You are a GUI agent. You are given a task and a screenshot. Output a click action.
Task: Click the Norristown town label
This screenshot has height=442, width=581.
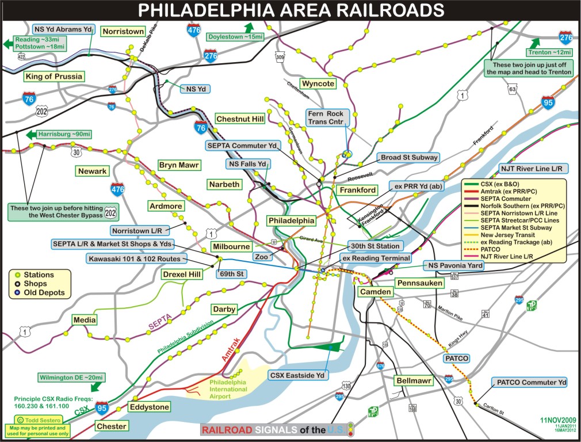(123, 31)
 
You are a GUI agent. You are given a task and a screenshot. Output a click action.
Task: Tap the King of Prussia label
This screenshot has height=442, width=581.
(54, 76)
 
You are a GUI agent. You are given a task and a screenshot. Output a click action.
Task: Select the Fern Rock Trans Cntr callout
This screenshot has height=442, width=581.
(326, 118)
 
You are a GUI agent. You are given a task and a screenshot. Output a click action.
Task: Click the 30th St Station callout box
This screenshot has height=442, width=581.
(373, 246)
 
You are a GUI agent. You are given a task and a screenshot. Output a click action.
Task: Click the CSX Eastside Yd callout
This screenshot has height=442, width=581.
(297, 375)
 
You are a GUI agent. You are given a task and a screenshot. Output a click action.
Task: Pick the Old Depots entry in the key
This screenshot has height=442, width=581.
(44, 292)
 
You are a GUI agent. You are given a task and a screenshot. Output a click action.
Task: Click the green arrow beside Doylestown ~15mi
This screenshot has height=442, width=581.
(249, 28)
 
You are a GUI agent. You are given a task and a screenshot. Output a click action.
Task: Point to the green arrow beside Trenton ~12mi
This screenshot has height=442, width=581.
(534, 43)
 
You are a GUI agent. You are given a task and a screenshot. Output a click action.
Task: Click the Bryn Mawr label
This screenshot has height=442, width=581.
(179, 165)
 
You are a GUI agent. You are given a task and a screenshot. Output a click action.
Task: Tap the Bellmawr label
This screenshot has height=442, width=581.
(413, 380)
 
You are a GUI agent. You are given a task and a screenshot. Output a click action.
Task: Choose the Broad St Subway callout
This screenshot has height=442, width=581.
(408, 157)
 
